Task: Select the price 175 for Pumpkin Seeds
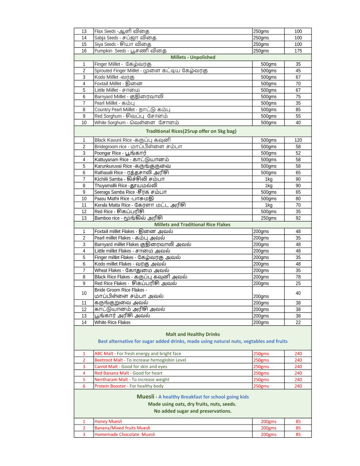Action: (x=298, y=51)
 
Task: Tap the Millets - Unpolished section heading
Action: (x=193, y=57)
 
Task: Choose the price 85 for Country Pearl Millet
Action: (x=298, y=109)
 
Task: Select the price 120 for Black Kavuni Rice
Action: (x=298, y=140)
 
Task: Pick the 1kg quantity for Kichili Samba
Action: (x=268, y=179)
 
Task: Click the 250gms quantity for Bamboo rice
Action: (x=268, y=218)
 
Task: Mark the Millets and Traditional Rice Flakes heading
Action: (x=192, y=225)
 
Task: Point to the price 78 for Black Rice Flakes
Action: (x=298, y=277)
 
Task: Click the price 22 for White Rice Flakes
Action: (x=298, y=323)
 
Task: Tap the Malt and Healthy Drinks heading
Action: (x=193, y=334)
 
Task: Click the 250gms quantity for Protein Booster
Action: (x=261, y=386)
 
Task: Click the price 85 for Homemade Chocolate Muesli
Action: (x=298, y=434)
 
